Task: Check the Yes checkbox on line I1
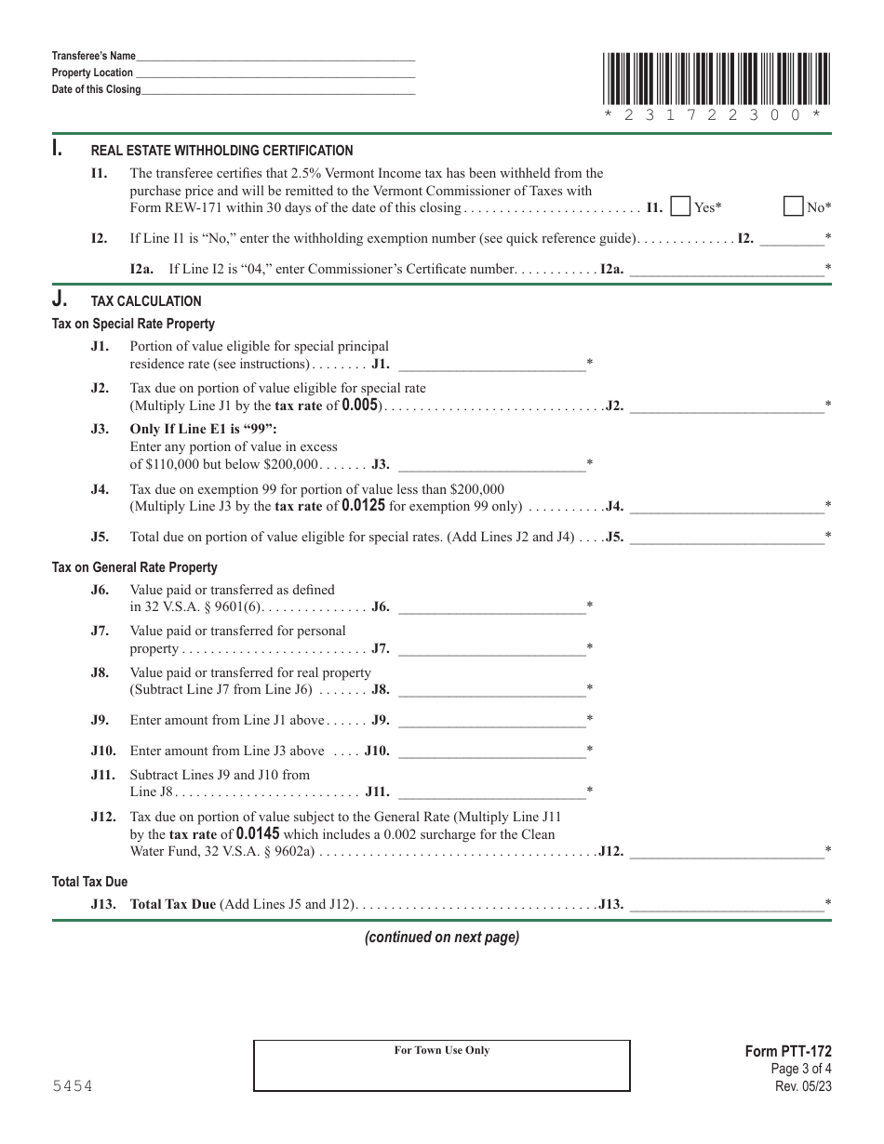680,206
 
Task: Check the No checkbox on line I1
794,206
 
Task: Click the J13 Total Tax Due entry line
727,903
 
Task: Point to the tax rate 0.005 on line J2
359,406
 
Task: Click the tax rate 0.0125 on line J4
363,507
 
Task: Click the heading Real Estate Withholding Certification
221,151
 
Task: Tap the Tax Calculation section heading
146,301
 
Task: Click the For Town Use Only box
442,1065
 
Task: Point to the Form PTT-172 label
788,1052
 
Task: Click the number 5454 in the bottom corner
72,1086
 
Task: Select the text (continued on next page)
441,938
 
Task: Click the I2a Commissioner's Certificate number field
727,270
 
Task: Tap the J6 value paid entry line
491,606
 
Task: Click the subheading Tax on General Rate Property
135,567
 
